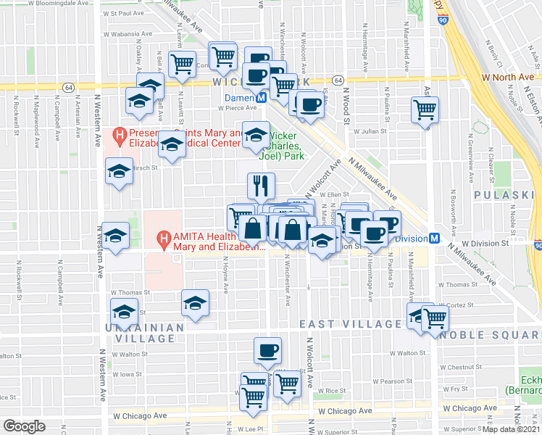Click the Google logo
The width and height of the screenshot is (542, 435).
(x=24, y=426)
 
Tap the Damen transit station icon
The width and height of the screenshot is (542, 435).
(x=263, y=97)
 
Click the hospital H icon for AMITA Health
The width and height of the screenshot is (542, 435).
(x=164, y=238)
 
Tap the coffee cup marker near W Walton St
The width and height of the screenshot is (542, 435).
(x=267, y=351)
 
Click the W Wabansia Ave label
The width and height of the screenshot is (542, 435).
(x=131, y=33)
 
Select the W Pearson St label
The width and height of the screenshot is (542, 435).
(x=392, y=381)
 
